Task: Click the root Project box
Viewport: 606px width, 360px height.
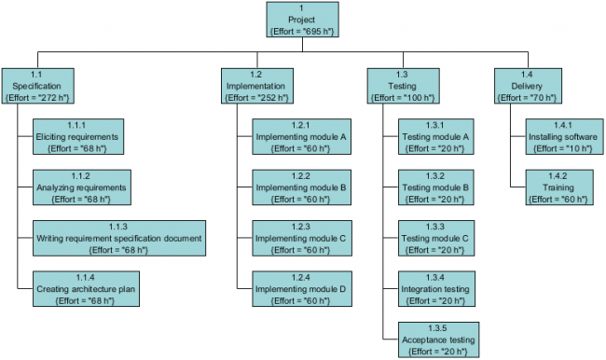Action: tap(302, 21)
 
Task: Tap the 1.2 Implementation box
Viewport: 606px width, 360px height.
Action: tap(255, 85)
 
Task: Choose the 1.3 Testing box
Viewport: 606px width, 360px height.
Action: tap(402, 85)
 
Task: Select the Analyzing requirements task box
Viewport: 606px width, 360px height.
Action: tap(80, 187)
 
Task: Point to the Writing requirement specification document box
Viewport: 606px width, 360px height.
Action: tap(118, 238)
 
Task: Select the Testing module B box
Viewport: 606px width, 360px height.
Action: tap(434, 187)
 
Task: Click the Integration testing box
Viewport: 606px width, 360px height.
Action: tap(434, 289)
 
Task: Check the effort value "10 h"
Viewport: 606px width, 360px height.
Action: tap(569, 147)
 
